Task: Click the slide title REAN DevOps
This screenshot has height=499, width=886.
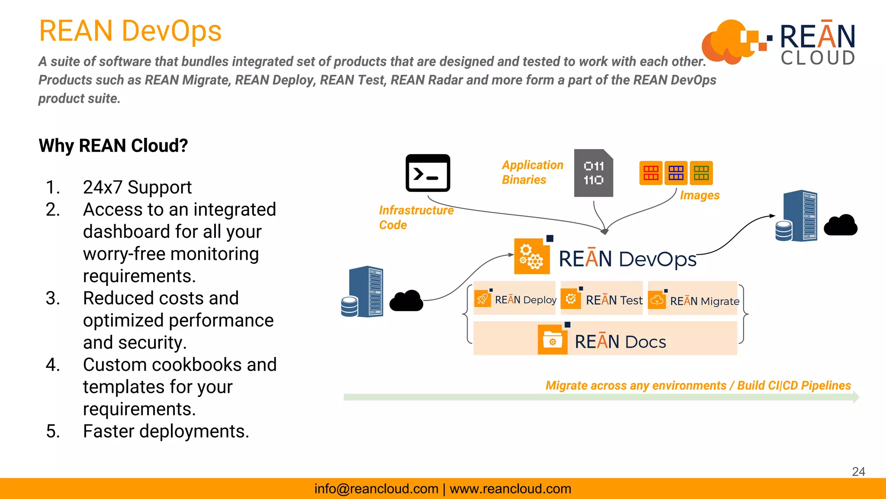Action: pyautogui.click(x=130, y=31)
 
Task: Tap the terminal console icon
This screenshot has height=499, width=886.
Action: pyautogui.click(x=427, y=173)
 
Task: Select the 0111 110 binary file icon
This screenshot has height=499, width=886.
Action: pyautogui.click(x=593, y=173)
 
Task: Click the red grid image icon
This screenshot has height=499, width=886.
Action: pyautogui.click(x=651, y=173)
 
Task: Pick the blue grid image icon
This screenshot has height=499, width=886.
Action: pyautogui.click(x=676, y=173)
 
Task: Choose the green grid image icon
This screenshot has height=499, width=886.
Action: pyautogui.click(x=701, y=173)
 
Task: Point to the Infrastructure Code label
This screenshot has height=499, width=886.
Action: pyautogui.click(x=416, y=217)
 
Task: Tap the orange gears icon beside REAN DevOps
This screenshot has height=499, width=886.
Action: pyautogui.click(x=532, y=256)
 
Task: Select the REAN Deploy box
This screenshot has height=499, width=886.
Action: pyautogui.click(x=515, y=299)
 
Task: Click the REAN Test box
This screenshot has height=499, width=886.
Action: pyautogui.click(x=601, y=299)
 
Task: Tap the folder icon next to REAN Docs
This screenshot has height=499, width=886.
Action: pyautogui.click(x=552, y=341)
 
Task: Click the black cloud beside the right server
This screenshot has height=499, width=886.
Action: pyautogui.click(x=840, y=226)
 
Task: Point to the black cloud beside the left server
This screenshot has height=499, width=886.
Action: pyautogui.click(x=406, y=301)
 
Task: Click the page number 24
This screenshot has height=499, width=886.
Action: pyautogui.click(x=858, y=471)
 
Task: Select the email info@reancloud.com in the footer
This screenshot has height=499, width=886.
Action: pyautogui.click(x=376, y=489)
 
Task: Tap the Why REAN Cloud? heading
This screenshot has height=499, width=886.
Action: pyautogui.click(x=113, y=146)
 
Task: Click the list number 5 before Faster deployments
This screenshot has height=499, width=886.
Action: pyautogui.click(x=53, y=431)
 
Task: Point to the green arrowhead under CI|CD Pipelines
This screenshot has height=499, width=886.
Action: pyautogui.click(x=856, y=397)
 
